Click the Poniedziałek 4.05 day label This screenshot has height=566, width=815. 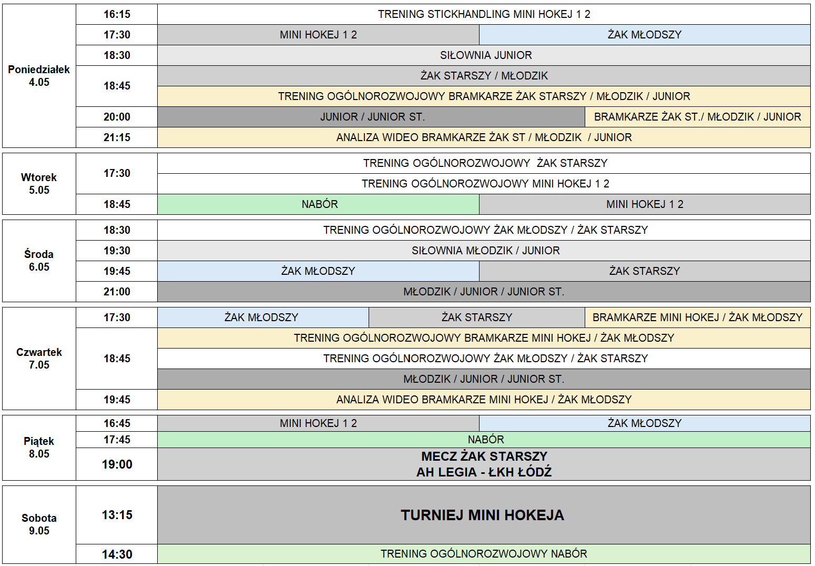[39, 76]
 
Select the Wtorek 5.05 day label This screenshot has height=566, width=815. [39, 184]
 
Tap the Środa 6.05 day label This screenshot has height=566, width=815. [39, 261]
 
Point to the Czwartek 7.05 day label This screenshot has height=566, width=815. [39, 359]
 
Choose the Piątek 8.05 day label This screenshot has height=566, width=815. [39, 447]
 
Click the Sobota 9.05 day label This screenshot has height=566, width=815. [39, 524]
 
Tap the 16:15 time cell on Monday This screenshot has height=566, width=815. [117, 14]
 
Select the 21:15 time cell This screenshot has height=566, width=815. [117, 137]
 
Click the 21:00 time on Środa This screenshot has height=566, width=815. [117, 291]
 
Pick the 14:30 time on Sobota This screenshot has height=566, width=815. [117, 554]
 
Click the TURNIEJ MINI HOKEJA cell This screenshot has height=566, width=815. [484, 515]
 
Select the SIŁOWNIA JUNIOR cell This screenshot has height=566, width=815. [484, 55]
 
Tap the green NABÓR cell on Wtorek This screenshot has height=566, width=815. [318, 204]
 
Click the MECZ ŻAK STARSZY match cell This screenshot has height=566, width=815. [484, 464]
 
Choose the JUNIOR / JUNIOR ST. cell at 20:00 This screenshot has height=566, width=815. [371, 117]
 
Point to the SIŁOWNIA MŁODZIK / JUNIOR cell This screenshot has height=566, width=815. [484, 251]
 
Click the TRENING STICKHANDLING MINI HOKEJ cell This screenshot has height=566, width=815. [484, 14]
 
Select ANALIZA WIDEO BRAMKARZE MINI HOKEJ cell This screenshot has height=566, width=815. [484, 400]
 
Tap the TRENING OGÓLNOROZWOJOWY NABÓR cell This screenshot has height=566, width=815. [484, 554]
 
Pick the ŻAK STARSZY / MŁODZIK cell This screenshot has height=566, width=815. [484, 76]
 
